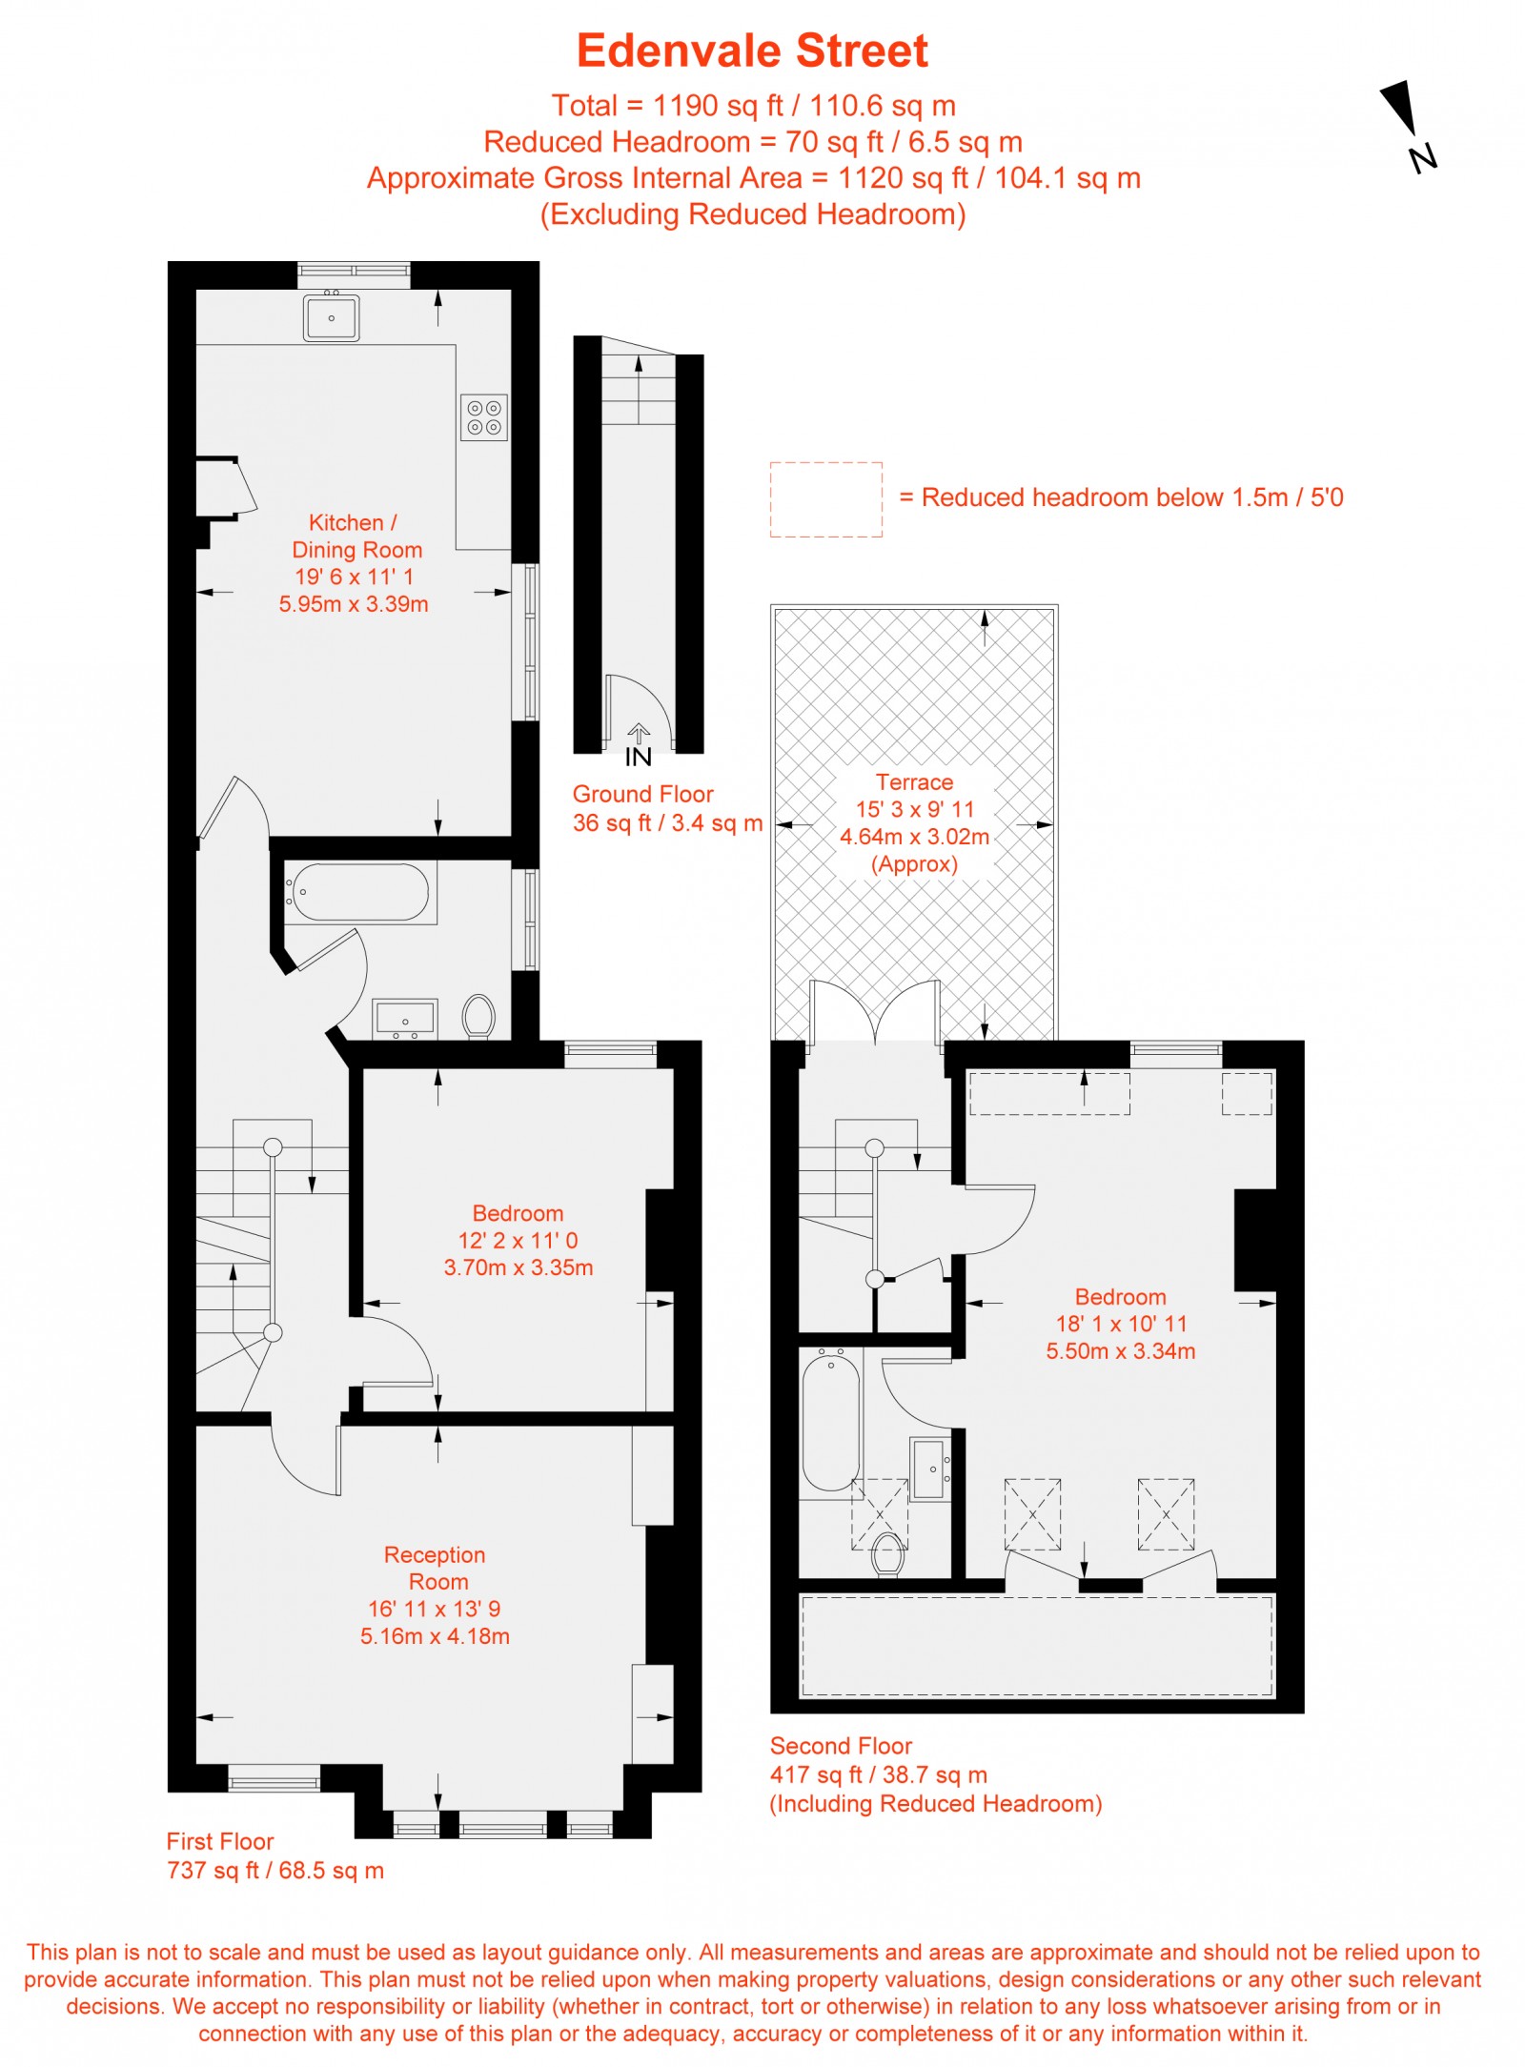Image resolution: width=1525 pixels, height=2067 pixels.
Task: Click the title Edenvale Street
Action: pyautogui.click(x=752, y=51)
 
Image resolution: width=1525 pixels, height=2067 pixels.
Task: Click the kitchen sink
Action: pyautogui.click(x=331, y=317)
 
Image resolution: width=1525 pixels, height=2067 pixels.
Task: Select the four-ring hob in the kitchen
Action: pyautogui.click(x=484, y=417)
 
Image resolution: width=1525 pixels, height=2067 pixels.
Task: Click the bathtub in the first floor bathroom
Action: pyautogui.click(x=359, y=893)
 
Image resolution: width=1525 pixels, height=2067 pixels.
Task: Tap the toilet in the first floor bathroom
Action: pyautogui.click(x=478, y=1016)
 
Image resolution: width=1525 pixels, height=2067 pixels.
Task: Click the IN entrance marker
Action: pyautogui.click(x=639, y=746)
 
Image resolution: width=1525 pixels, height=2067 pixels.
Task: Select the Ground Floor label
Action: pyautogui.click(x=642, y=794)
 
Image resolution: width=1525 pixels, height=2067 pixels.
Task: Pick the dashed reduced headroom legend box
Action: pyautogui.click(x=826, y=499)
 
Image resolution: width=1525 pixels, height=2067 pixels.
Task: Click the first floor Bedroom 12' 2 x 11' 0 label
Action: pyautogui.click(x=518, y=1240)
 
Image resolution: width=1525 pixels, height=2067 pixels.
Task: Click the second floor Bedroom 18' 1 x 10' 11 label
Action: pyautogui.click(x=1121, y=1324)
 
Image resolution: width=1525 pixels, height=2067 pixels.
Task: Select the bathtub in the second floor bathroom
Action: pyautogui.click(x=831, y=1419)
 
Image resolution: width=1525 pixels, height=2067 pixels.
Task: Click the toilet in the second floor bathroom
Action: pyautogui.click(x=888, y=1554)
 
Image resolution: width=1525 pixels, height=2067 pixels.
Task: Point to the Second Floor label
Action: pyautogui.click(x=841, y=1746)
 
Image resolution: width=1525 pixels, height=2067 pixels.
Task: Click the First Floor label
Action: pyautogui.click(x=220, y=1841)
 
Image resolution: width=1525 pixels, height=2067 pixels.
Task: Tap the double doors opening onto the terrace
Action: pyautogui.click(x=875, y=1011)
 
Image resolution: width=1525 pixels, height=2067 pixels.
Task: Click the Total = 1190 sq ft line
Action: pyautogui.click(x=753, y=105)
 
